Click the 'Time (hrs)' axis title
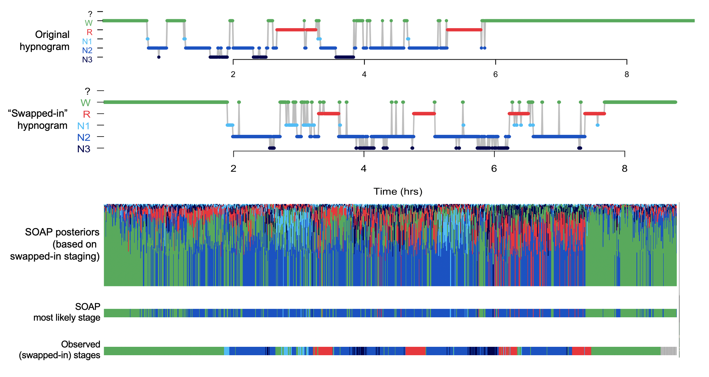pos(398,192)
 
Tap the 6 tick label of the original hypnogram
pos(495,74)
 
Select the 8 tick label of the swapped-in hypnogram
pos(624,168)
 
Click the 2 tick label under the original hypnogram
pos(233,74)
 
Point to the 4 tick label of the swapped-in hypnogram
pos(364,168)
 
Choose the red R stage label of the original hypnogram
pos(90,32)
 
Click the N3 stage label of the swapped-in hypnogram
pos(84,149)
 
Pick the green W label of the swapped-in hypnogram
pos(86,103)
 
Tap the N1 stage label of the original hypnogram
pos(87,41)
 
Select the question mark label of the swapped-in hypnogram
pos(88,91)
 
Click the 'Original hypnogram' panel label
pos(45,41)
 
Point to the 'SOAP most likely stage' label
pos(67,312)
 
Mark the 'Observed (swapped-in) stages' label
pos(60,350)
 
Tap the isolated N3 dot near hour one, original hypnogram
pos(159,57)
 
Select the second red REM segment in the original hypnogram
pos(464,30)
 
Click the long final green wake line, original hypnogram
pos(587,21)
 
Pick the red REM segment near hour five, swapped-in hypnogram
pos(424,114)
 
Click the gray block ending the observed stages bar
pos(668,351)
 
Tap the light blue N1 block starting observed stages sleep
pos(226,351)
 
